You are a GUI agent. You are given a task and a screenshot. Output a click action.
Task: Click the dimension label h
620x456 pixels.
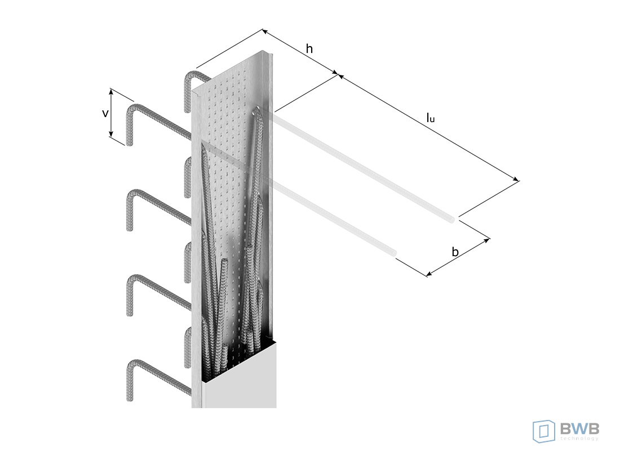(309, 48)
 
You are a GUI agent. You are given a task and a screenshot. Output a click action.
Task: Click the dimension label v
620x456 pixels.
(105, 114)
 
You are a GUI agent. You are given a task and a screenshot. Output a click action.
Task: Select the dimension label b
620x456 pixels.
(455, 252)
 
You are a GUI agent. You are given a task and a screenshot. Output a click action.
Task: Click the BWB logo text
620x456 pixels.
(579, 428)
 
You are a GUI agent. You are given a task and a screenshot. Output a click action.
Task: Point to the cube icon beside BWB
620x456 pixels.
(544, 431)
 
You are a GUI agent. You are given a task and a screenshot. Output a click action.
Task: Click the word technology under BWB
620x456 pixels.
(579, 438)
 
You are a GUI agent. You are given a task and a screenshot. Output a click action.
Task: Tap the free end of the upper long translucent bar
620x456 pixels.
(452, 220)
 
